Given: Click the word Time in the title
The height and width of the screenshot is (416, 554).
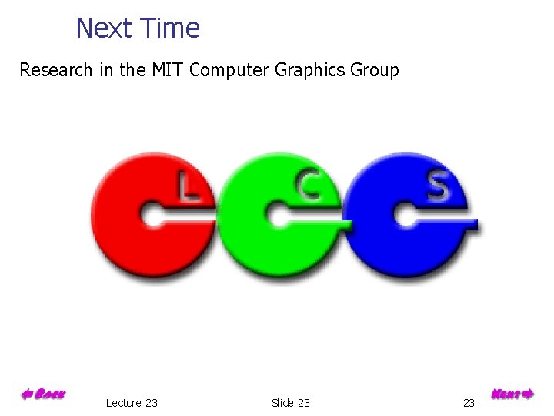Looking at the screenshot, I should tap(172, 29).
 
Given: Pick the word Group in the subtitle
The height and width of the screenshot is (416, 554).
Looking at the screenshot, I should tap(374, 71).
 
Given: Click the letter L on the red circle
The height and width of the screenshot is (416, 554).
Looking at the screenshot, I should tap(187, 186).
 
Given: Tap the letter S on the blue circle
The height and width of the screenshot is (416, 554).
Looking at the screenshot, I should tap(437, 186).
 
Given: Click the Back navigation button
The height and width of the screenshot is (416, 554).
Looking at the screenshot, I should tap(42, 394).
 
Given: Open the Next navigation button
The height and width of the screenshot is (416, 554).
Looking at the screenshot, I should tap(512, 394).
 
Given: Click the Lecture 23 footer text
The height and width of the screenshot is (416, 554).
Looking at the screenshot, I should tap(132, 403).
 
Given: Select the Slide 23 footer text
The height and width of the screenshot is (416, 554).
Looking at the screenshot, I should tap(291, 403).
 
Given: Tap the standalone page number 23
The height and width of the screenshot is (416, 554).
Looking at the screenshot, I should tap(469, 403).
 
